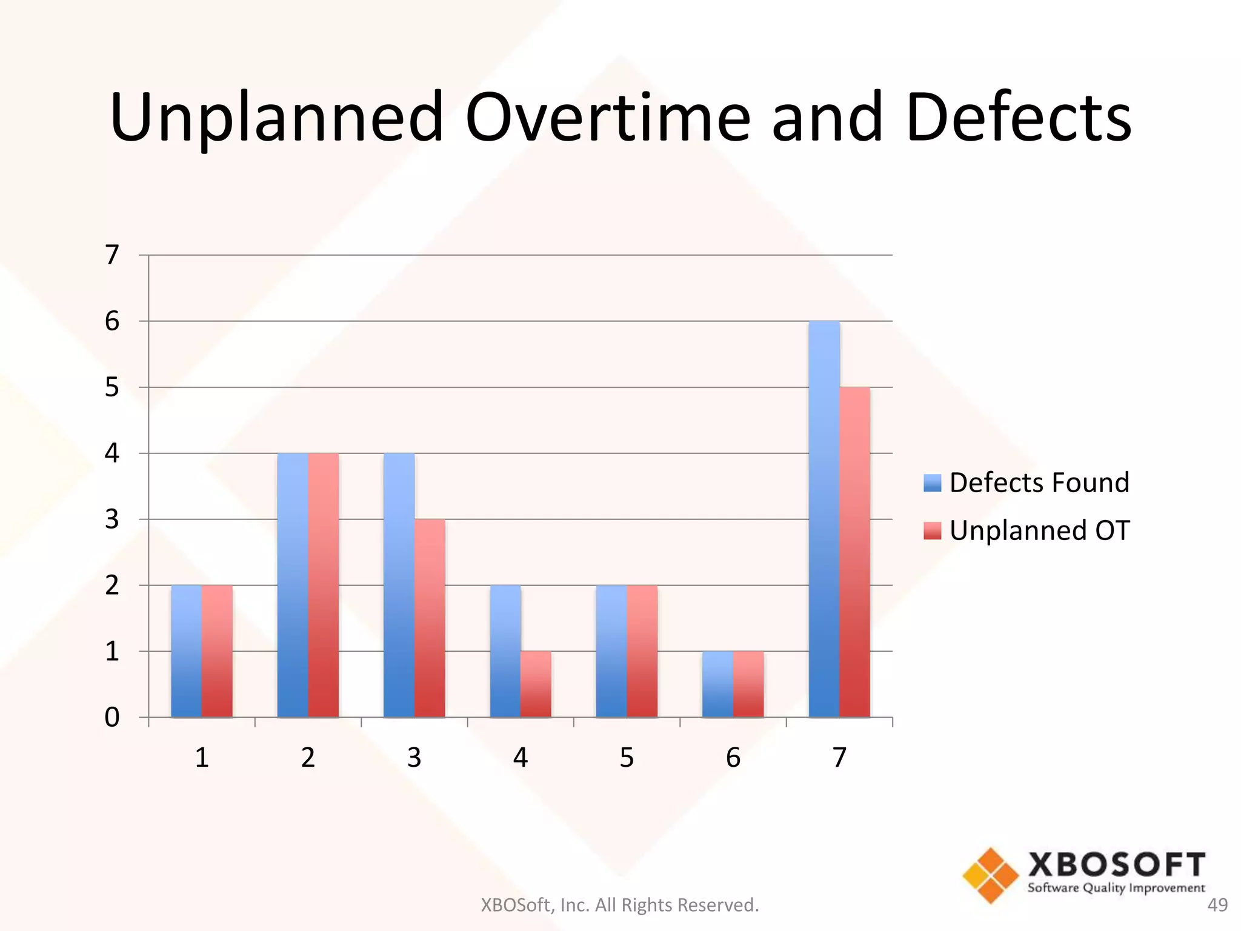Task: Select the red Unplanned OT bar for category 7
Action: pyautogui.click(x=855, y=552)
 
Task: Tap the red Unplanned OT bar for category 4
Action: pyautogui.click(x=536, y=684)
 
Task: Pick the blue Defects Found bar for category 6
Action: pyautogui.click(x=717, y=684)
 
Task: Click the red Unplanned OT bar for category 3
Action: pyautogui.click(x=430, y=618)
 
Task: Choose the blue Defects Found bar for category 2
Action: pyautogui.click(x=293, y=585)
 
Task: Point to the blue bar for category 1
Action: pyautogui.click(x=186, y=651)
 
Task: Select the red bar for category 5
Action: pyautogui.click(x=642, y=651)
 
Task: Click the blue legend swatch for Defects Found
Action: pyautogui.click(x=932, y=483)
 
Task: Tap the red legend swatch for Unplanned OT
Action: pyautogui.click(x=932, y=530)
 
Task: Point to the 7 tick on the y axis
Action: pyautogui.click(x=112, y=255)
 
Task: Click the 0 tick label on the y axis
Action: pyautogui.click(x=112, y=718)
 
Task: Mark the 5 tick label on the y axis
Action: pyautogui.click(x=112, y=387)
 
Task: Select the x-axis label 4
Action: pyautogui.click(x=521, y=758)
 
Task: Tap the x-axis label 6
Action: pyautogui.click(x=733, y=758)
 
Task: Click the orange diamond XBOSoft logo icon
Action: pyautogui.click(x=991, y=875)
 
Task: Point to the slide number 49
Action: pyautogui.click(x=1217, y=905)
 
